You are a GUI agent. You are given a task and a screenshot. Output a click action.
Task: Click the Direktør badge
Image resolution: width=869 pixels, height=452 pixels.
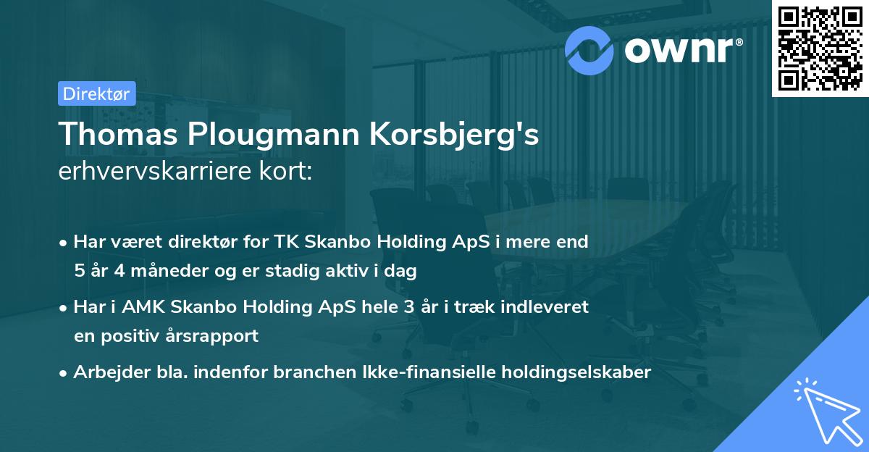tap(96, 93)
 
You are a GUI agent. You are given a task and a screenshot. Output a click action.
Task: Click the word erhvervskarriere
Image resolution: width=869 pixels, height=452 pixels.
tap(156, 172)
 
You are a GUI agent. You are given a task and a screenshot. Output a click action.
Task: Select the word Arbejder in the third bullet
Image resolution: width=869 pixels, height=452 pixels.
tap(106, 373)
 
